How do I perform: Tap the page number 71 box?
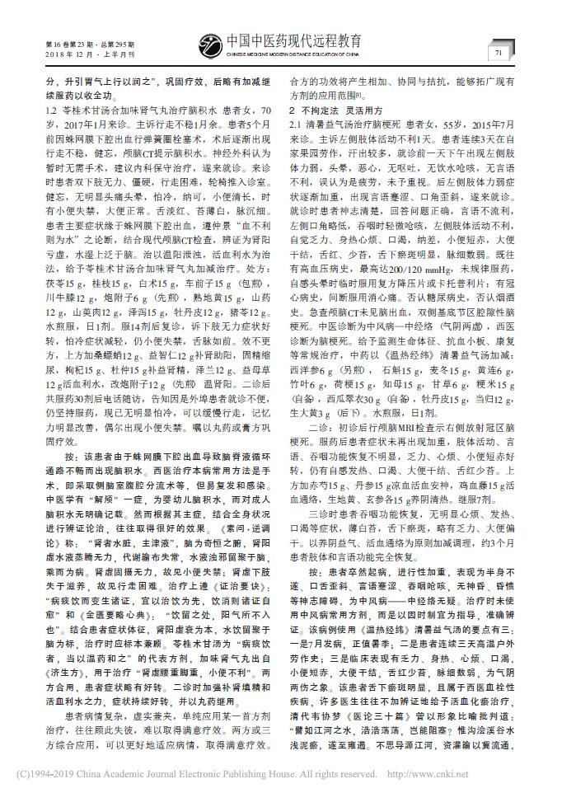coord(499,53)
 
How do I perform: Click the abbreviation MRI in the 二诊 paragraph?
coord(398,429)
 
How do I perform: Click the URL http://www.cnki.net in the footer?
coord(495,775)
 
